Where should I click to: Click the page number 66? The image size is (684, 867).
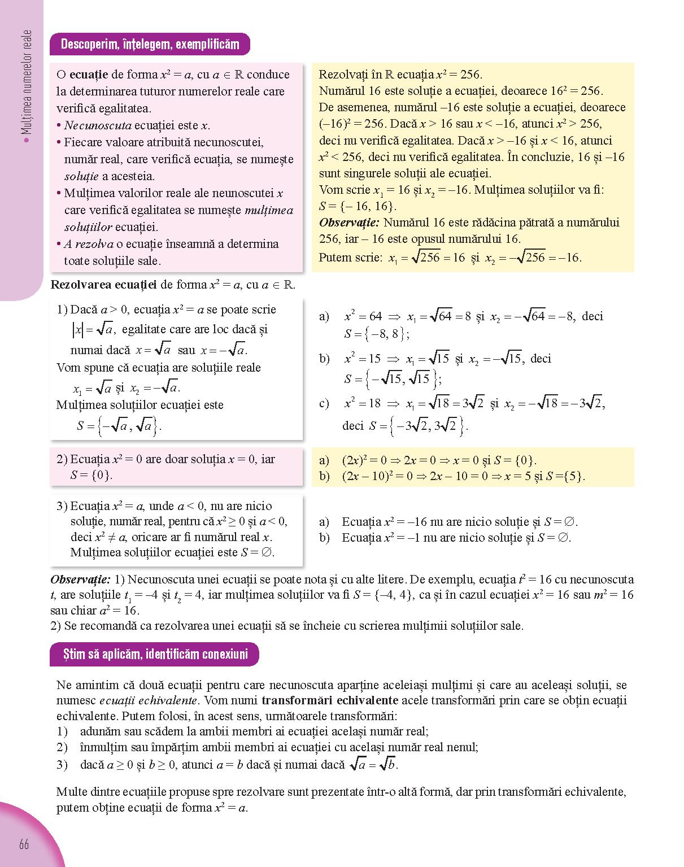(24, 844)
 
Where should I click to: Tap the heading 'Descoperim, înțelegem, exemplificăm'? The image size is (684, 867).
(150, 44)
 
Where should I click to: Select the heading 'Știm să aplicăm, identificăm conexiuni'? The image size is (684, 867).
(155, 654)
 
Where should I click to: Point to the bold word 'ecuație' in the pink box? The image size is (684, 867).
(89, 75)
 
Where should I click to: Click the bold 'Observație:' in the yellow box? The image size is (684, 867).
(348, 223)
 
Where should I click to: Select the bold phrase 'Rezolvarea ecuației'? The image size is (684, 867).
(103, 285)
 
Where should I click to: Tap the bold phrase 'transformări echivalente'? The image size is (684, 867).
(330, 701)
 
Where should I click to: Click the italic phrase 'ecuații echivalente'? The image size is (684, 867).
(149, 701)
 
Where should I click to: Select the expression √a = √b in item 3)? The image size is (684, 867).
(373, 765)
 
